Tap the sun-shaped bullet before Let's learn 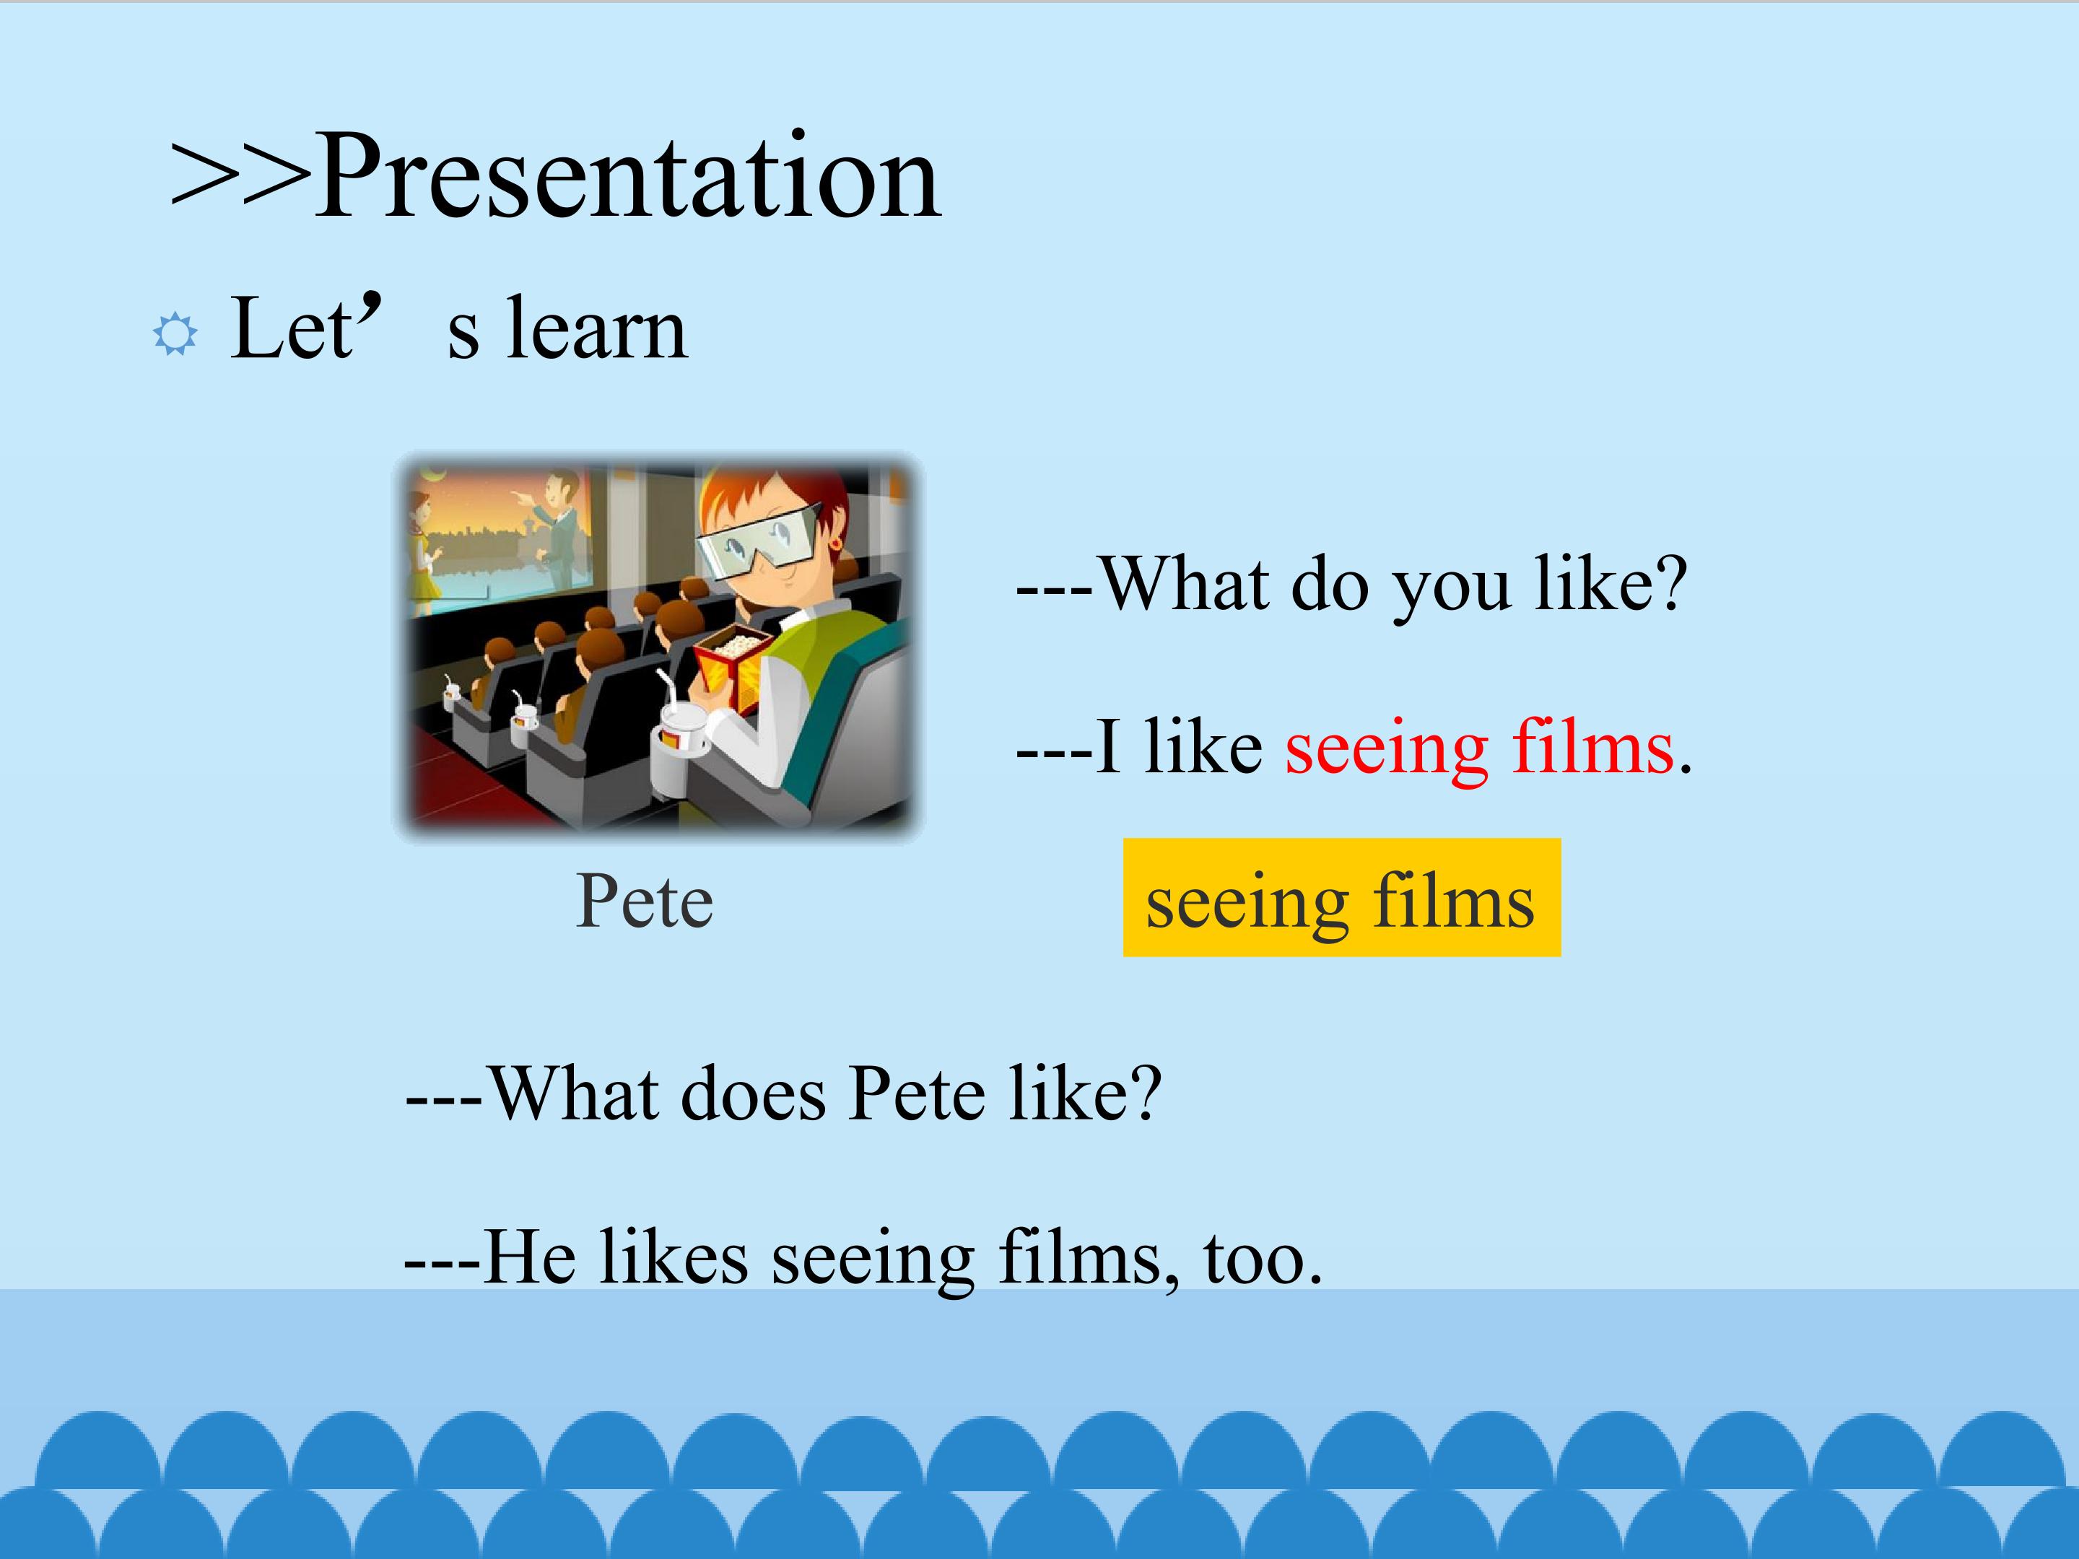tap(175, 333)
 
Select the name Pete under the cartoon tap(645, 901)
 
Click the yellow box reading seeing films tap(1341, 897)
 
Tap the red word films tap(1593, 746)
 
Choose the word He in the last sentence tap(530, 1257)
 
